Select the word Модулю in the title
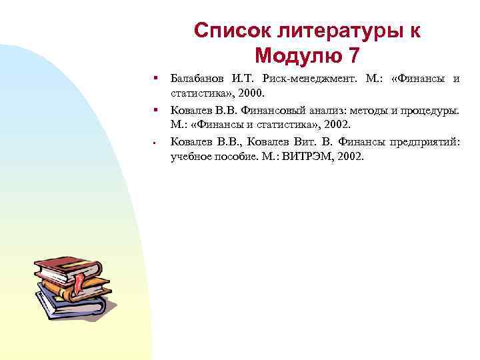click(297, 56)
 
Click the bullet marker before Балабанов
click(154, 79)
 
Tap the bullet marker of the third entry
click(154, 141)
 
